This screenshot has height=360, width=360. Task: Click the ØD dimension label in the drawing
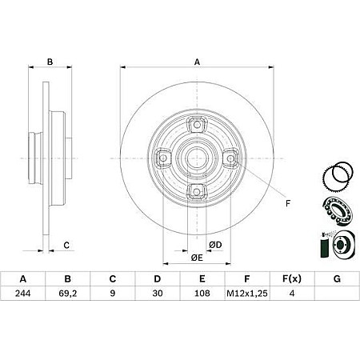(x=215, y=243)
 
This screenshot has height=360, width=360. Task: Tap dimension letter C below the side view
(x=67, y=244)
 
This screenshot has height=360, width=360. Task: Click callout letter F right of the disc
(x=287, y=203)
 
